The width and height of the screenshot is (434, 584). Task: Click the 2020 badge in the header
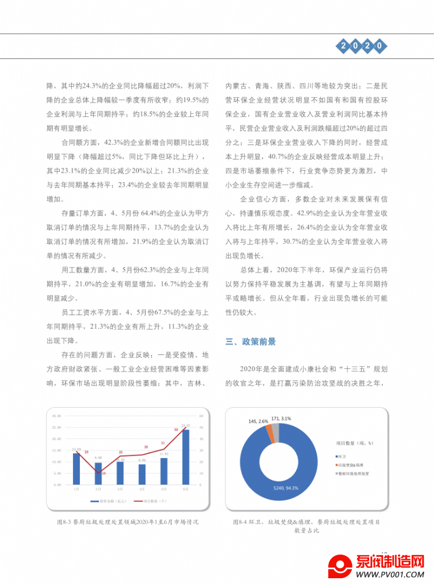click(x=361, y=45)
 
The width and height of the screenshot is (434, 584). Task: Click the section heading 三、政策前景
click(x=251, y=342)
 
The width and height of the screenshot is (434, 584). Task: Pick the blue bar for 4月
click(x=142, y=475)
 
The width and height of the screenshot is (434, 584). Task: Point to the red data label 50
click(x=176, y=430)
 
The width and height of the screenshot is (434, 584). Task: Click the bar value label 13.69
click(x=76, y=449)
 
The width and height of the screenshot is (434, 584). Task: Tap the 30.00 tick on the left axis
click(x=57, y=416)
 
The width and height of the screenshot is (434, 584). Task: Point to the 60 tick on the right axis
click(x=201, y=416)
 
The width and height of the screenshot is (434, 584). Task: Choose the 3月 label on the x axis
click(x=120, y=489)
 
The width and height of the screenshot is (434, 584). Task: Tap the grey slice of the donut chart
click(x=276, y=431)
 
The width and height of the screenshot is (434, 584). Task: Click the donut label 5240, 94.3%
click(x=286, y=488)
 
